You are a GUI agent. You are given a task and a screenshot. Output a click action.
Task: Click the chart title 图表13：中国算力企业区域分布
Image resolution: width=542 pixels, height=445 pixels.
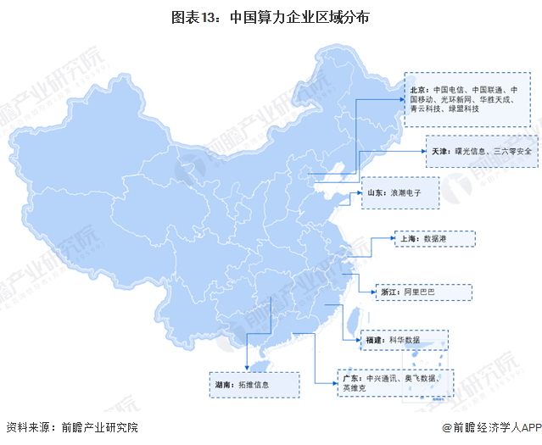(x=271, y=17)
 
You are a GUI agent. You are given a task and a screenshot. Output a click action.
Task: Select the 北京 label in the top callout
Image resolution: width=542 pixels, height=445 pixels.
(x=419, y=88)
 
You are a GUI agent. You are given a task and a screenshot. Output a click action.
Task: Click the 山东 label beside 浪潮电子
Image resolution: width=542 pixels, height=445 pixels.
(x=375, y=193)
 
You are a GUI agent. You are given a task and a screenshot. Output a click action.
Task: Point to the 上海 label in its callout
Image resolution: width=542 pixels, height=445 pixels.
(x=407, y=240)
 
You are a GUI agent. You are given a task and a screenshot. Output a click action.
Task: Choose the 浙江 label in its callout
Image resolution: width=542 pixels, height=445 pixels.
(x=390, y=292)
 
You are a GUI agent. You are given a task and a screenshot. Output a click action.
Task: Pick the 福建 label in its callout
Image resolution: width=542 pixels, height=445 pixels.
(x=375, y=340)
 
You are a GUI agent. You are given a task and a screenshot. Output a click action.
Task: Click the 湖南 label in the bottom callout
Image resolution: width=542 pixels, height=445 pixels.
(x=224, y=385)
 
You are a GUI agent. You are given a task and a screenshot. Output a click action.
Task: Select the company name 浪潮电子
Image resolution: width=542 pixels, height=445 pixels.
(x=406, y=193)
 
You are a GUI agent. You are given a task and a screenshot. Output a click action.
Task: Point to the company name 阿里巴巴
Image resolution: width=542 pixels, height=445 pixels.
(x=421, y=292)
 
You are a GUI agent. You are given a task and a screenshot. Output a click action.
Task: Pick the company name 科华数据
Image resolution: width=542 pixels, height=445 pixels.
(x=405, y=340)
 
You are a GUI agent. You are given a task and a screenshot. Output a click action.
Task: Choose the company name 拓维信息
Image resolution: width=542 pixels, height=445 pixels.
(x=254, y=385)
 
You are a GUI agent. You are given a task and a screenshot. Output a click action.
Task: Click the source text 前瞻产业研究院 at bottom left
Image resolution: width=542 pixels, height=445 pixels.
(x=95, y=428)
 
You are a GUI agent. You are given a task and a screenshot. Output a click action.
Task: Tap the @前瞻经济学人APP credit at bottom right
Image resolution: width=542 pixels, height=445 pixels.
(x=489, y=428)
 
